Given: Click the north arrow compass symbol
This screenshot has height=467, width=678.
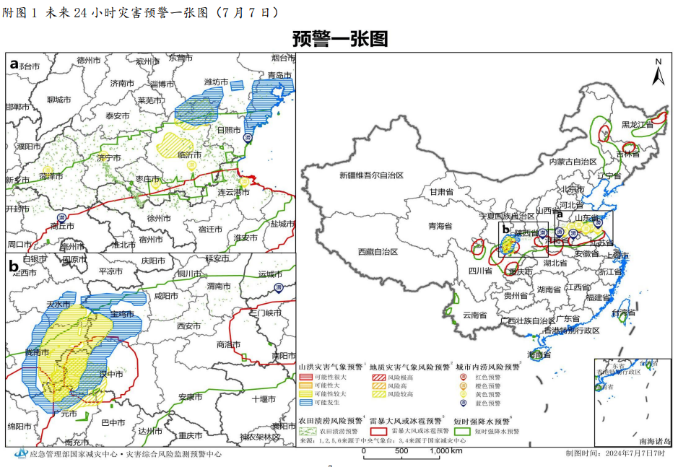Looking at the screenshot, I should tap(658, 72).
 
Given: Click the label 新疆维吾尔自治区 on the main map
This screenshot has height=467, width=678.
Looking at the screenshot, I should tap(371, 175).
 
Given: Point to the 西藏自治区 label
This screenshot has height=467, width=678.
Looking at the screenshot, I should tap(378, 252).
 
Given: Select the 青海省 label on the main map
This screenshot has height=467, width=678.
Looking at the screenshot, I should tap(438, 225).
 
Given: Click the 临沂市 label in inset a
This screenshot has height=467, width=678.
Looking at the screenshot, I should tap(189, 154).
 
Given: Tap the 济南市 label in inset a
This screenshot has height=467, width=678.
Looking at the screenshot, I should tap(122, 83).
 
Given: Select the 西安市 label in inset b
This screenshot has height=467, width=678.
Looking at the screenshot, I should tap(188, 326).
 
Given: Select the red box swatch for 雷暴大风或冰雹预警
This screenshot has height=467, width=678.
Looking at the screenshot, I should tap(379, 430).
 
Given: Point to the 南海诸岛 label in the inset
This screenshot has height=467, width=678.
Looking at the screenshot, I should tap(655, 440).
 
